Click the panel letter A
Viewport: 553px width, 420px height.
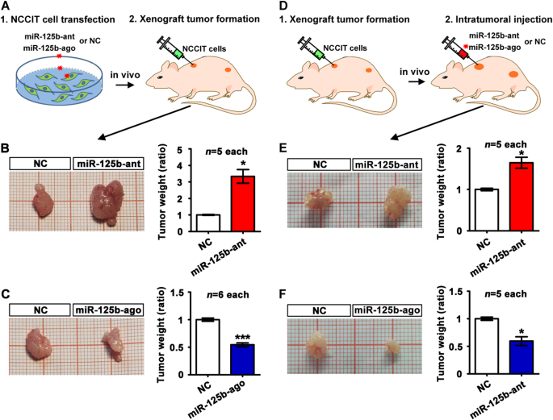tap(6, 7)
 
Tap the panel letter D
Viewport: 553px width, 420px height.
tap(281, 7)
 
